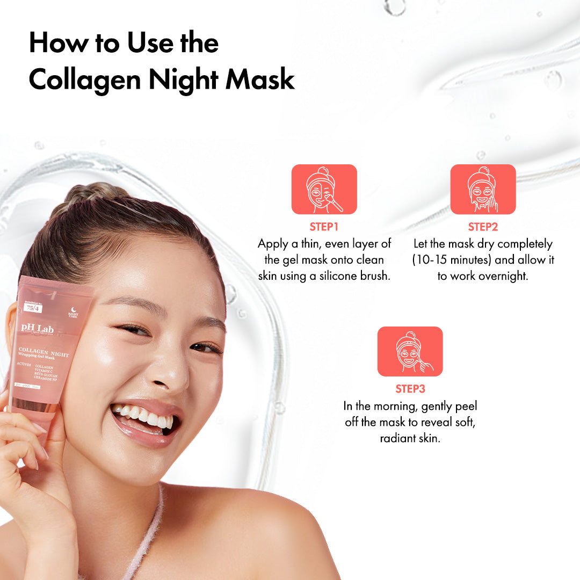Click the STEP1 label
324,227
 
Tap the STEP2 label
483,227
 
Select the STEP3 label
410,389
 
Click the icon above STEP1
324,190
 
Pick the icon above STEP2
483,190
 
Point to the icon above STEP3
410,352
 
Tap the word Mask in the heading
260,79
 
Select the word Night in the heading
183,79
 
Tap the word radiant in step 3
395,438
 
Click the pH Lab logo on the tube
35,327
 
